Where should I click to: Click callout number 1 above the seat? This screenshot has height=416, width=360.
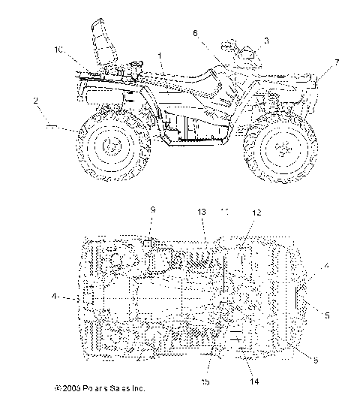[160, 55]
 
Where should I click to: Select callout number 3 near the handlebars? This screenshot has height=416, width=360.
[266, 39]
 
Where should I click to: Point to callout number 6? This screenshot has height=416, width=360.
[196, 33]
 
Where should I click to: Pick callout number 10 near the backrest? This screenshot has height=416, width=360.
[58, 50]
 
